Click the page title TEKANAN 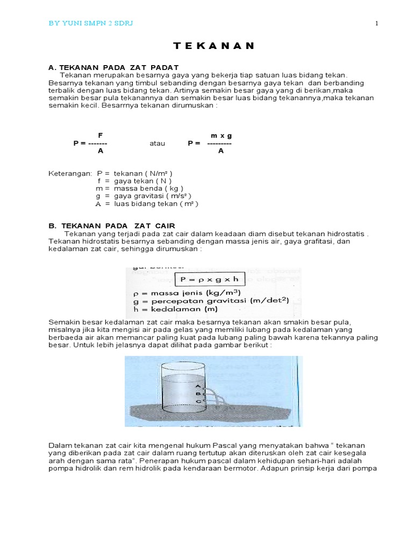[x=206, y=46]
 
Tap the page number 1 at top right [x=377, y=23]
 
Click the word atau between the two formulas [x=157, y=144]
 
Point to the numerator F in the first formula [x=100, y=136]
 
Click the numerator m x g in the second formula [x=221, y=136]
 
